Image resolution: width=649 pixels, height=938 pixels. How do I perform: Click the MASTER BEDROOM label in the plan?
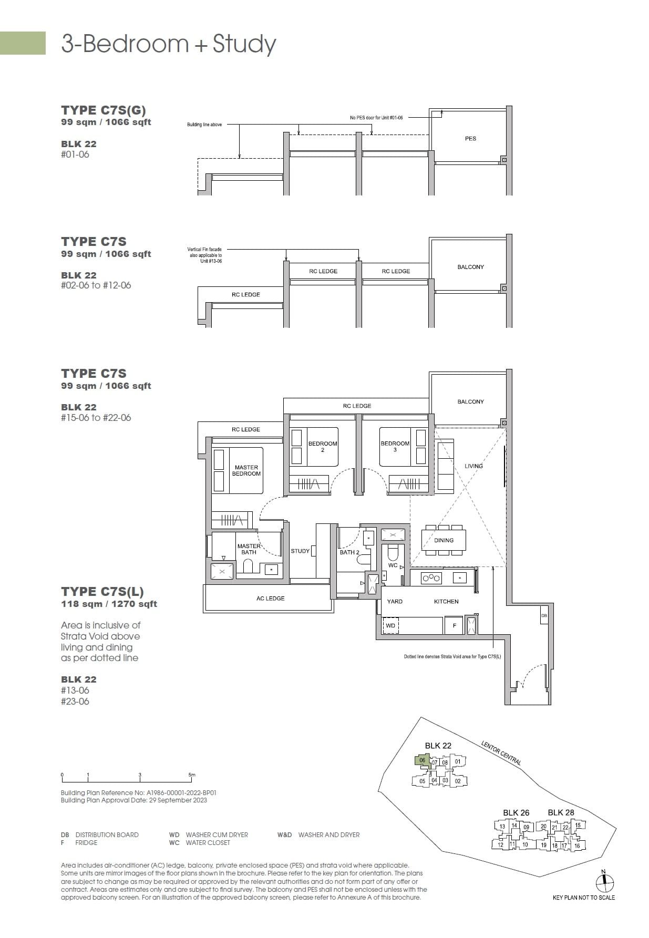click(246, 470)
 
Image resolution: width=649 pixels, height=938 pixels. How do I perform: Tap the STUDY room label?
click(300, 551)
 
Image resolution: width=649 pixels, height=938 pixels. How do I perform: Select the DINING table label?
click(444, 540)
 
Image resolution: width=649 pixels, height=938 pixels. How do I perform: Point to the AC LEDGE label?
click(270, 598)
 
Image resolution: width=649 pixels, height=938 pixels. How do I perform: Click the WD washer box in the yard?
click(390, 626)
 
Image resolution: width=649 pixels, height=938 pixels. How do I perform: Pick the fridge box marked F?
click(454, 626)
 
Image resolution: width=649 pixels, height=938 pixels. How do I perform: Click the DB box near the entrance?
click(544, 615)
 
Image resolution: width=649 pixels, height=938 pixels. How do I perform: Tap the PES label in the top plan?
click(470, 139)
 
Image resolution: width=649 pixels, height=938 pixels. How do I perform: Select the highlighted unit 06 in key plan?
click(421, 761)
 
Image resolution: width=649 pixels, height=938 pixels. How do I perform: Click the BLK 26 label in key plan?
click(516, 812)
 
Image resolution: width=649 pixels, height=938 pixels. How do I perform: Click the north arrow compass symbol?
click(605, 883)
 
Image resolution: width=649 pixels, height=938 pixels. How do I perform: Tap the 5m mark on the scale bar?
click(192, 775)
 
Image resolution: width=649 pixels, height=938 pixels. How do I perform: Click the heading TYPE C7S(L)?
click(102, 591)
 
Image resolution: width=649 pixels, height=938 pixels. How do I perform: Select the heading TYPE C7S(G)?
click(103, 110)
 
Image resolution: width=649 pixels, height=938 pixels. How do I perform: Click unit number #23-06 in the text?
click(75, 701)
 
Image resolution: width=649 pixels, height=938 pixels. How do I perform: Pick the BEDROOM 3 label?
click(395, 446)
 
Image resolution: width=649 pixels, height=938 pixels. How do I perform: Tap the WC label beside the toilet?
click(393, 565)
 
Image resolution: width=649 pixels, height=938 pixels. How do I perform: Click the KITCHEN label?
click(446, 601)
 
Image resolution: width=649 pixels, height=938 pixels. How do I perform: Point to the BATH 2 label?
click(349, 552)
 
